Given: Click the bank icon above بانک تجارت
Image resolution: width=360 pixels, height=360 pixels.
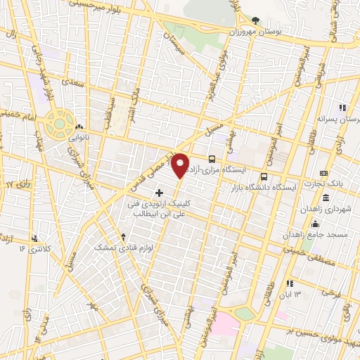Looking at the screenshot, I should coord(323,173).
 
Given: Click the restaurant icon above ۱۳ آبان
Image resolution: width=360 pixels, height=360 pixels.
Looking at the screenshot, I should coord(288,283).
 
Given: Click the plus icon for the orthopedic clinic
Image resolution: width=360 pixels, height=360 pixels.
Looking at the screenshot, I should coord(159,191).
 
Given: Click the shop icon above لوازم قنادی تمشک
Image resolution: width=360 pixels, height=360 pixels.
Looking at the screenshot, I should coord(124,237).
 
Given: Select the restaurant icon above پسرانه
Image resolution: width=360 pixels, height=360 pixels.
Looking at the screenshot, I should coord(342,108).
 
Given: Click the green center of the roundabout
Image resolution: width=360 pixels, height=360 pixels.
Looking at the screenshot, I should coord(59,124).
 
